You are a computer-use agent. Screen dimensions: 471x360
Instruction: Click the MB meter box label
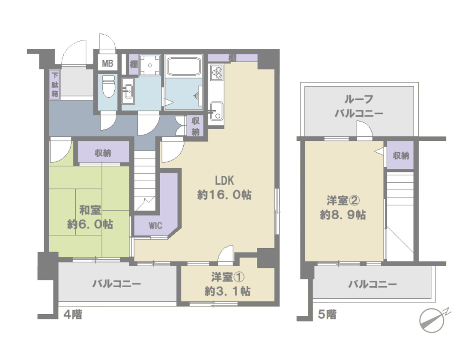pyautogui.click(x=107, y=63)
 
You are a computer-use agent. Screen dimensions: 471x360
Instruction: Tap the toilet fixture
pyautogui.click(x=108, y=86)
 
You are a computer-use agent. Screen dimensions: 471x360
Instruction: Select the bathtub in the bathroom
pyautogui.click(x=183, y=66)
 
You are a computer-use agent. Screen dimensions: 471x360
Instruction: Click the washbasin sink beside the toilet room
pyautogui.click(x=128, y=91)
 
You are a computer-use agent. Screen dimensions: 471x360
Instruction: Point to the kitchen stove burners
pyautogui.click(x=217, y=72)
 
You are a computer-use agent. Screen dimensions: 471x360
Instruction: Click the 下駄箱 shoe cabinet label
pyautogui.click(x=55, y=84)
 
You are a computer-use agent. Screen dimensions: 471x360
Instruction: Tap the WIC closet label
pyautogui.click(x=155, y=225)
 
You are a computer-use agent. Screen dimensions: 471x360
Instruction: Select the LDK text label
pyautogui.click(x=224, y=180)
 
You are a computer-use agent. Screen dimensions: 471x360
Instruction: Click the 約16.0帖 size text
pyautogui.click(x=224, y=195)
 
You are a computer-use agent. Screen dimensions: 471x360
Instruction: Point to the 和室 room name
pyautogui.click(x=90, y=210)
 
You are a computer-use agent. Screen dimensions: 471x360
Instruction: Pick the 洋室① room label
pyautogui.click(x=227, y=277)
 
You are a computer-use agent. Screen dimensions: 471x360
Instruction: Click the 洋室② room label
pyautogui.click(x=343, y=201)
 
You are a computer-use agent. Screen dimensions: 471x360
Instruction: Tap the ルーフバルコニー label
pyautogui.click(x=359, y=106)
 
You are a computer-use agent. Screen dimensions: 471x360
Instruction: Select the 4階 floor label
pyautogui.click(x=73, y=315)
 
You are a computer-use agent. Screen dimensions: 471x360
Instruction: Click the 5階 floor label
pyautogui.click(x=327, y=315)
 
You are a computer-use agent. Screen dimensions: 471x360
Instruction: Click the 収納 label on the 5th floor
pyautogui.click(x=401, y=156)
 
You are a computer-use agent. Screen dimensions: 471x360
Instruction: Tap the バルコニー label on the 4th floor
pyautogui.click(x=116, y=284)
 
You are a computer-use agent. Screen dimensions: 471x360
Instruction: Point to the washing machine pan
pyautogui.click(x=150, y=65)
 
